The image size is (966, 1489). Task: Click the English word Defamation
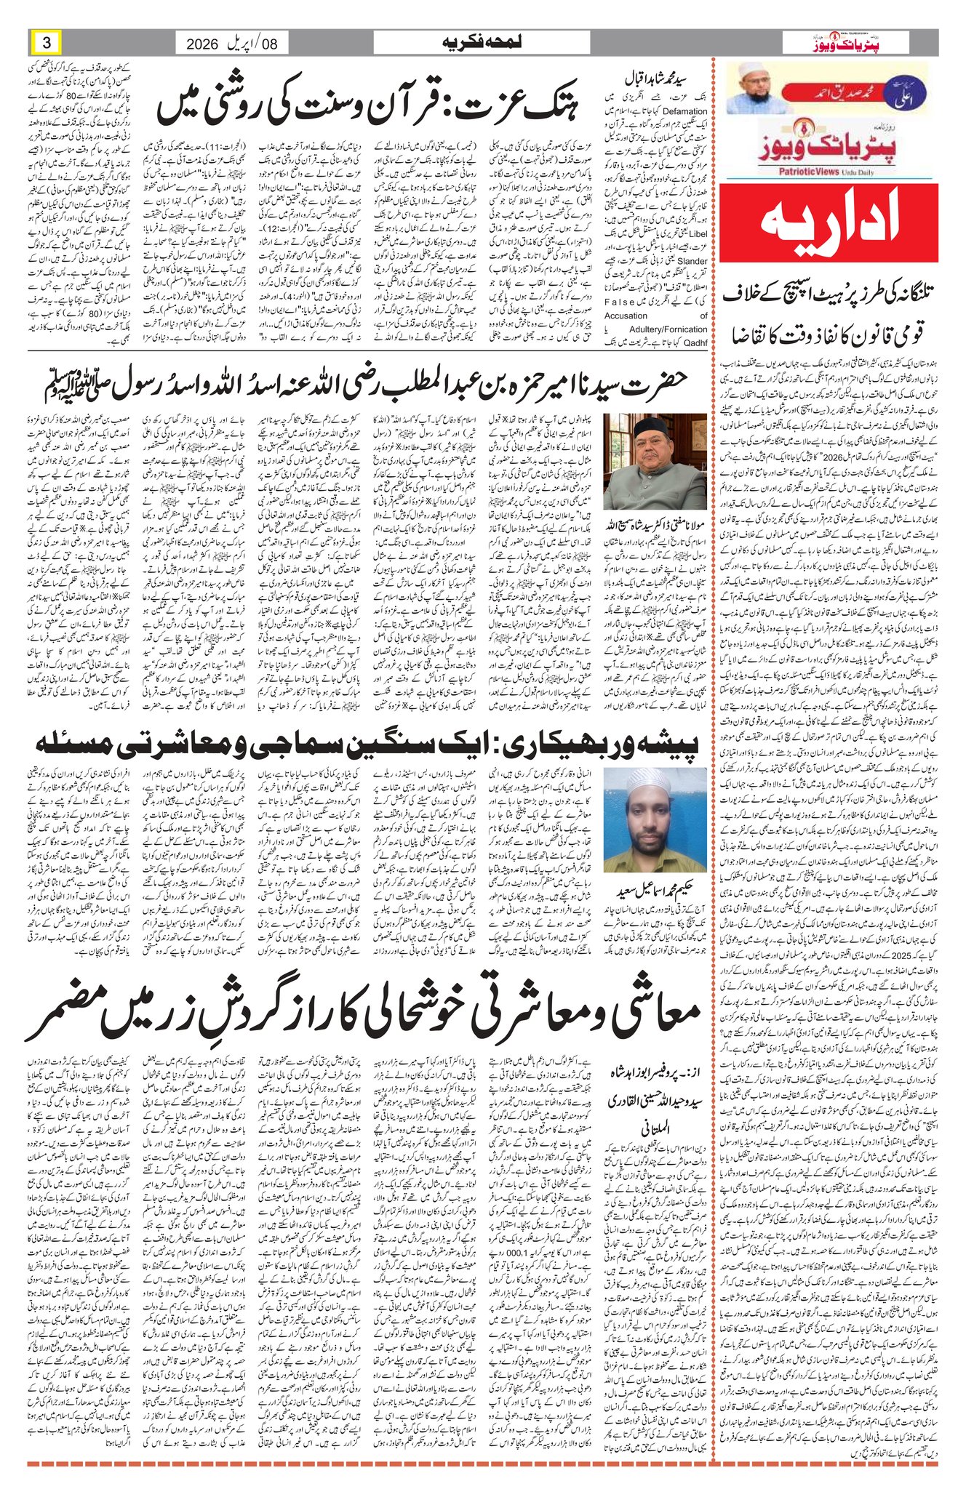tap(684, 111)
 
